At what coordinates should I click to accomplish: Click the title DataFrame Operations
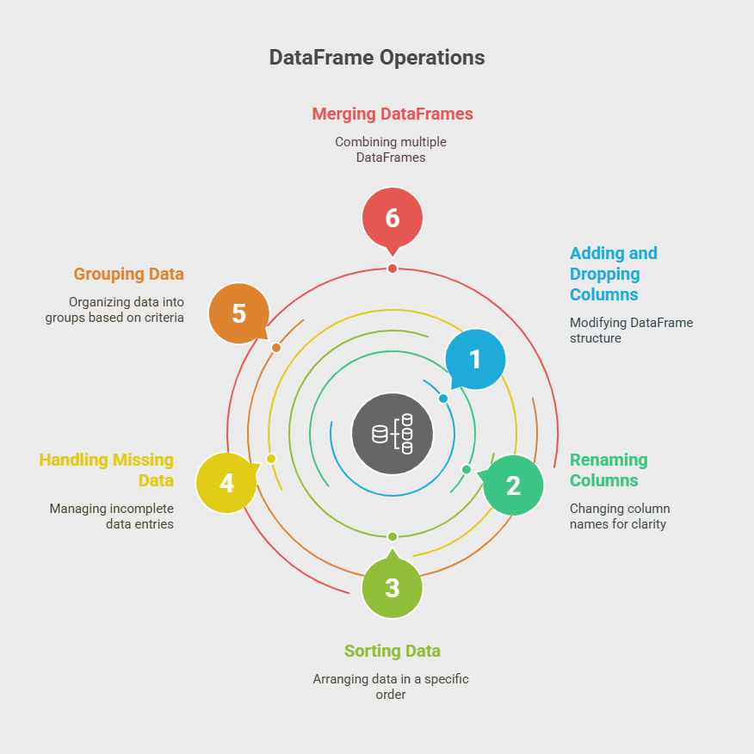377,57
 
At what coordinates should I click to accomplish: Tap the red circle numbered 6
392,218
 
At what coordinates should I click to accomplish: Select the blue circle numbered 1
475,359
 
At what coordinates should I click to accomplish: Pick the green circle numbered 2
513,485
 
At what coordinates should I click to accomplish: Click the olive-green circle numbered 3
392,587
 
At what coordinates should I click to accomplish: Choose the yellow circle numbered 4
227,483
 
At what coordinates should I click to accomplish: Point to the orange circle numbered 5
239,313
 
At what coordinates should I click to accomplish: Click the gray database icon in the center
392,434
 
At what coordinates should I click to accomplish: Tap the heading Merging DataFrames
392,114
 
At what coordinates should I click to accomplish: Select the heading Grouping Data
129,274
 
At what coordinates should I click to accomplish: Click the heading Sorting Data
392,651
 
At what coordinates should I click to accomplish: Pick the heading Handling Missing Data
106,470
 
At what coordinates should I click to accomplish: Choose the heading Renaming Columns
609,470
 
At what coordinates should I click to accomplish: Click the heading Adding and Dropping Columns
614,274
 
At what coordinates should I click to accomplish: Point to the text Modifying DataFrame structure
632,330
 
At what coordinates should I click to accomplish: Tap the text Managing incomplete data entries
112,516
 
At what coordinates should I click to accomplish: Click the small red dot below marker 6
392,269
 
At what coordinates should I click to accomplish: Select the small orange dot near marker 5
276,347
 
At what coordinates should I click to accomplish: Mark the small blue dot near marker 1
443,399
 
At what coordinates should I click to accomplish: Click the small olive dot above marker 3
392,536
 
